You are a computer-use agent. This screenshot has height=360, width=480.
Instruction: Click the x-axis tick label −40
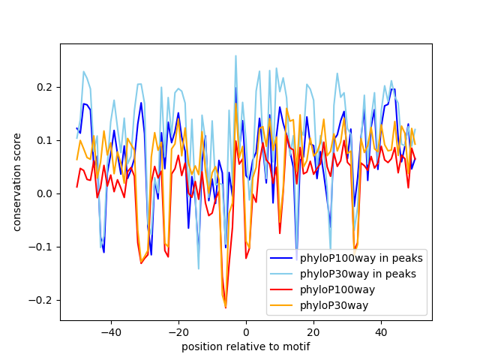pyautogui.click(x=110, y=331)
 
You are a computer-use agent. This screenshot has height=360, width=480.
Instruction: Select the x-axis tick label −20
pyautogui.click(x=178, y=331)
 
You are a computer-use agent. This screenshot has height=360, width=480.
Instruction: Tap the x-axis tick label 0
pyautogui.click(x=246, y=331)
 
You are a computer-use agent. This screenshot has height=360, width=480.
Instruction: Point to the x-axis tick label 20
pyautogui.click(x=313, y=331)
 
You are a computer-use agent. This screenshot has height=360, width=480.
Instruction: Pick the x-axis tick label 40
pyautogui.click(x=381, y=331)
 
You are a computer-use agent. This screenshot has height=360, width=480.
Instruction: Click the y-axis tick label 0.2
pyautogui.click(x=46, y=87)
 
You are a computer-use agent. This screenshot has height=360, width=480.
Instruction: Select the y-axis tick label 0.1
pyautogui.click(x=46, y=140)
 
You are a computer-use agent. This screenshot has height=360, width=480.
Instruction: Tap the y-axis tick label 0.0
pyautogui.click(x=46, y=193)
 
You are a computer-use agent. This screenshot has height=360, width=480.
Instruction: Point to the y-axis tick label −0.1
pyautogui.click(x=43, y=247)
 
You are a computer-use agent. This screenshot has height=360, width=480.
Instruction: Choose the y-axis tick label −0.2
pyautogui.click(x=43, y=300)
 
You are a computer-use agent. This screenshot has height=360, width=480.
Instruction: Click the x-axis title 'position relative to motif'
pyautogui.click(x=245, y=346)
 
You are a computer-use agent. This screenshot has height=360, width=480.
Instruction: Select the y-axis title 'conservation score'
pyautogui.click(x=16, y=182)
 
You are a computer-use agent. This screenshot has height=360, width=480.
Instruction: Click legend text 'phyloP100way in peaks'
pyautogui.click(x=361, y=258)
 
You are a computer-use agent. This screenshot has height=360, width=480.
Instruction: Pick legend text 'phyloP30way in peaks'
pyautogui.click(x=358, y=274)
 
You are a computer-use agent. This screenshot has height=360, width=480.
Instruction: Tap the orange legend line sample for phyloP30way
pyautogui.click(x=282, y=305)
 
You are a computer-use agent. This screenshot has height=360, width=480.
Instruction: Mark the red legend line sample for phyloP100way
pyautogui.click(x=282, y=289)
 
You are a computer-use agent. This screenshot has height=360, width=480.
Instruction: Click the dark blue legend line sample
pyautogui.click(x=282, y=258)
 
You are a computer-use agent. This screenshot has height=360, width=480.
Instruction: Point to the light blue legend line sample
pyautogui.click(x=282, y=274)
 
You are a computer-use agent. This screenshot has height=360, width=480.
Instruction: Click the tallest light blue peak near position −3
pyautogui.click(x=235, y=55)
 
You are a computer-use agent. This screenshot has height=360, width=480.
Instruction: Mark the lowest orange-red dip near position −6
pyautogui.click(x=226, y=307)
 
